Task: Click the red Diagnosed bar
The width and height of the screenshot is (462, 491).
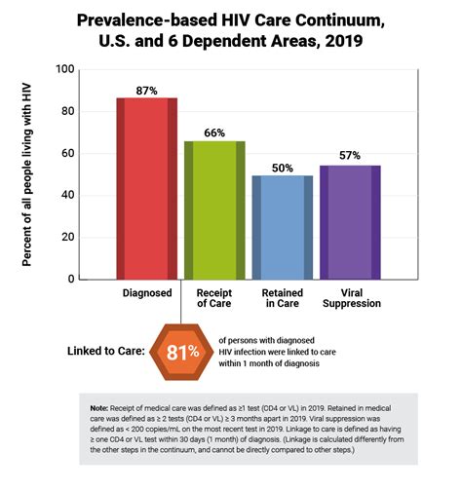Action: (x=147, y=189)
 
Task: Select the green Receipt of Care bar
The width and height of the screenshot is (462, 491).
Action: (x=214, y=210)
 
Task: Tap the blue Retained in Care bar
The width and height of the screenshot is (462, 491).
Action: (x=283, y=228)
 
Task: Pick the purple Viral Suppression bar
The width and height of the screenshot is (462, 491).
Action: (x=350, y=222)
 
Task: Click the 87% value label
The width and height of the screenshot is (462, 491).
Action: (x=146, y=91)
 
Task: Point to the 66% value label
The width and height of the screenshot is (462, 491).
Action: (x=214, y=132)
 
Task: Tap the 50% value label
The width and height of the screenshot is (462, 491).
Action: (x=283, y=168)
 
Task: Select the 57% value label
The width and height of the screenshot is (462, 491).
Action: (x=350, y=155)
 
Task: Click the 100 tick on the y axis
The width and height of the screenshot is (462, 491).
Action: (x=65, y=69)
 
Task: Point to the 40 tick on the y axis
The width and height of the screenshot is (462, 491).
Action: (x=68, y=195)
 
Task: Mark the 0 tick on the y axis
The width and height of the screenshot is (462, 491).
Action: (x=71, y=279)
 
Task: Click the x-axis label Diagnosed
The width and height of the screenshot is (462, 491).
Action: (x=147, y=293)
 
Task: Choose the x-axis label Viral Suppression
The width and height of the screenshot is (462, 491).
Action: (x=352, y=298)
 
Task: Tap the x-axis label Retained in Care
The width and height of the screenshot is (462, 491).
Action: (x=283, y=298)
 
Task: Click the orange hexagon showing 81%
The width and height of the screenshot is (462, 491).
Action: (x=181, y=352)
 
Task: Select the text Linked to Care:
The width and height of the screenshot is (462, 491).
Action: (x=106, y=351)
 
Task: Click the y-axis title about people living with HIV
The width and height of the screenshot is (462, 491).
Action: (x=26, y=174)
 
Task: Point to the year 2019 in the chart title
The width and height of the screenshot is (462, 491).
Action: (x=343, y=41)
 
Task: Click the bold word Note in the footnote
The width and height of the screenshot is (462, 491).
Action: (x=98, y=408)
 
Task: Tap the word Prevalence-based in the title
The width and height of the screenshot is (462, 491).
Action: (x=147, y=20)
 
